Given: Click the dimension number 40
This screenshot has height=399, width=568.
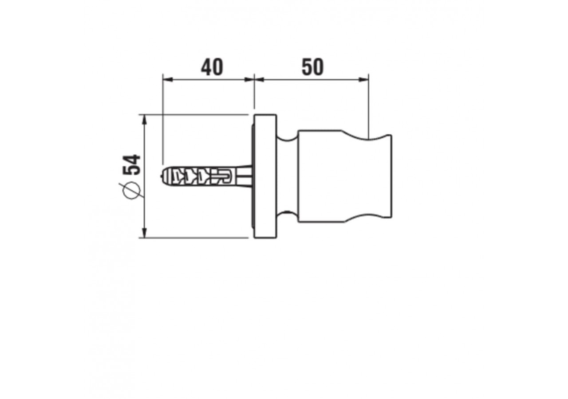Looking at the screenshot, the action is pos(212,67).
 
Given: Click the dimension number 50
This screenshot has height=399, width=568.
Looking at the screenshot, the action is pos(313,67).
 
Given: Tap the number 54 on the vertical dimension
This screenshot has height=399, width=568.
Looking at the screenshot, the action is pos(132,164).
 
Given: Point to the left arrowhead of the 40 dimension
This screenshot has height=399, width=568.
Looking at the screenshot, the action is pos(168,79).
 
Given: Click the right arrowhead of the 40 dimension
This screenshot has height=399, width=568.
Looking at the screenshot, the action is pos(249,79).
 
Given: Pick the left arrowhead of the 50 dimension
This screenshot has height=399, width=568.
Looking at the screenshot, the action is pos(259,79).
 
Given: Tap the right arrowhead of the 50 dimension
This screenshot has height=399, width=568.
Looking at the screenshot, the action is pos(363,79).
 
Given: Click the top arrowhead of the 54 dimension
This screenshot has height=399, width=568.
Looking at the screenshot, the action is pos(145,120).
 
